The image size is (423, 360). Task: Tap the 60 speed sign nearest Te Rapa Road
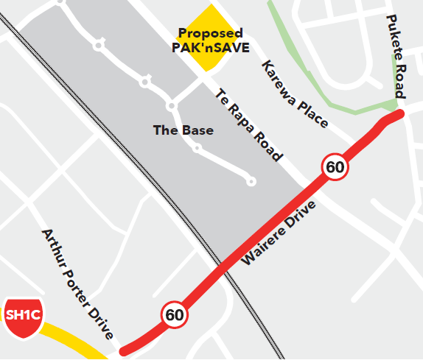[335, 167]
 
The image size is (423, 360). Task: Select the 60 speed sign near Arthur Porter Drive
[175, 315]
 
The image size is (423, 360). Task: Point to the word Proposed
[210, 34]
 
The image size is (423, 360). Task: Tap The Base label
[183, 131]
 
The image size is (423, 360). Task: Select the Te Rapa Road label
[248, 125]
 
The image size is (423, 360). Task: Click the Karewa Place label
[295, 93]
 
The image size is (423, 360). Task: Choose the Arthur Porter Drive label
[77, 284]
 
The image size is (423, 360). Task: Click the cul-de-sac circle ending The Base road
[251, 181]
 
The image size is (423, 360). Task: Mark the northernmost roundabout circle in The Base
[98, 46]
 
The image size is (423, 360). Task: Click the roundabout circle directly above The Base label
[172, 107]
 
